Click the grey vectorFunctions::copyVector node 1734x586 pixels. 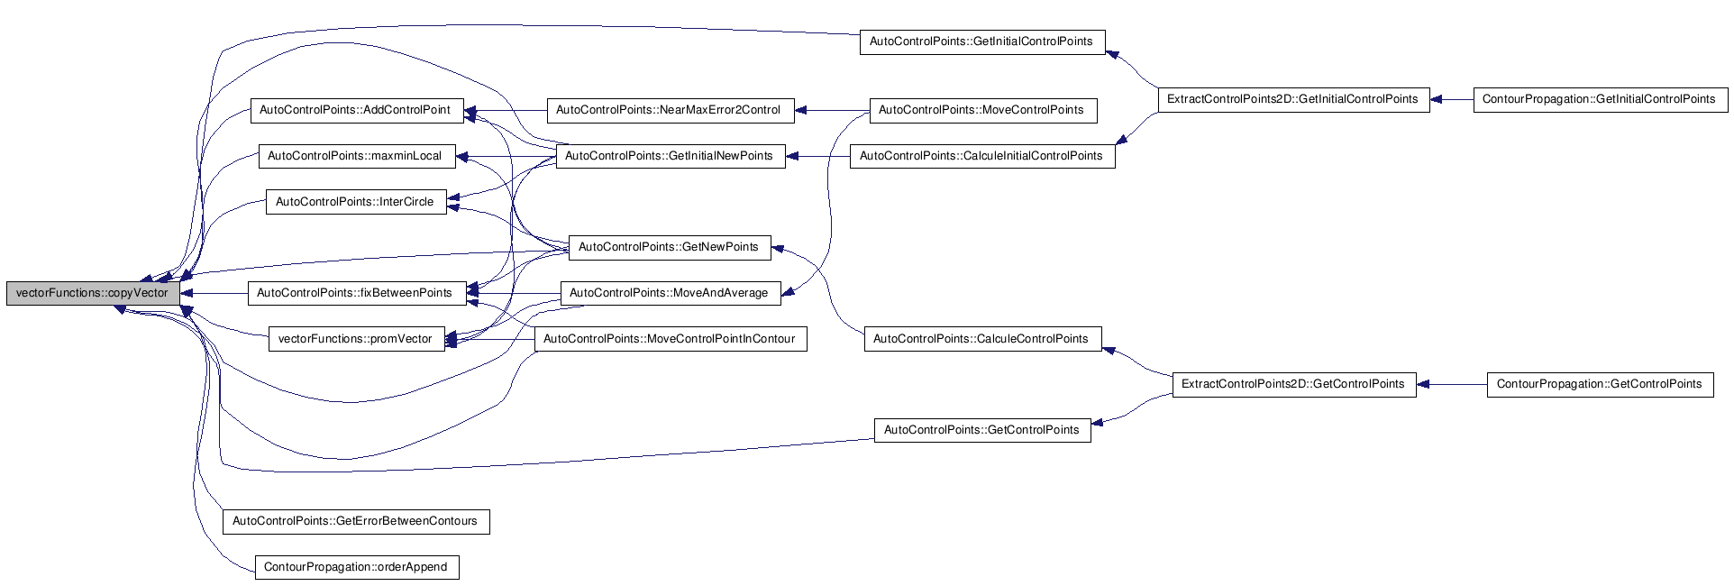coord(92,293)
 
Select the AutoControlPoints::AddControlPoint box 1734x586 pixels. coord(356,110)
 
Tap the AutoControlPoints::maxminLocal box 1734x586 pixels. coord(356,156)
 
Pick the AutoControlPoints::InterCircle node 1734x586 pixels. coord(356,202)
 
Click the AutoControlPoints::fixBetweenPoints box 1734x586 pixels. coord(356,293)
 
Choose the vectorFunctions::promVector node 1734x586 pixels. coord(356,339)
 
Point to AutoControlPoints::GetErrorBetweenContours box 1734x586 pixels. coord(356,521)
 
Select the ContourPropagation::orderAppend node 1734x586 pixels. coord(357,567)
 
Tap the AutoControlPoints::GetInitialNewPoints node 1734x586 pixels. coord(670,156)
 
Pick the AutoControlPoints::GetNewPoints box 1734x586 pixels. coord(670,247)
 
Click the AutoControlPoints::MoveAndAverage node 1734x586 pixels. coord(670,293)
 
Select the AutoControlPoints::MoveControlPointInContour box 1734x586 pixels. coord(671,339)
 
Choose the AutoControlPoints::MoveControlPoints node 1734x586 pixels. coord(982,110)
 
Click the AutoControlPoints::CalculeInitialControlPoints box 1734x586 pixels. coord(982,156)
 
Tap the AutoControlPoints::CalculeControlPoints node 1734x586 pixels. coord(982,339)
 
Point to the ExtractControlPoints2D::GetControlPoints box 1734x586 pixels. coord(1293,384)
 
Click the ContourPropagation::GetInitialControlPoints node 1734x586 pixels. coord(1601,99)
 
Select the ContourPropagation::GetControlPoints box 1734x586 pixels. coord(1601,384)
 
